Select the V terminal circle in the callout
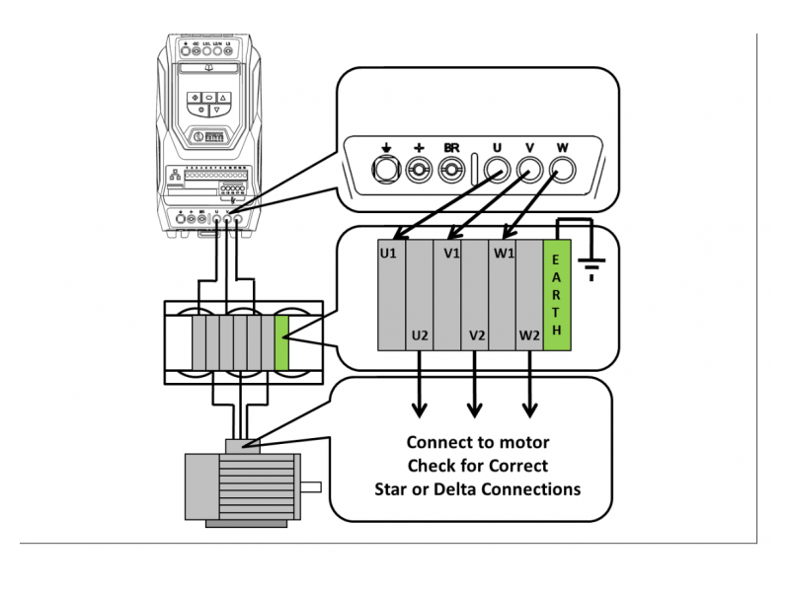pos(529,171)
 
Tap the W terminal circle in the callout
pos(563,171)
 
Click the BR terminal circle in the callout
pos(451,171)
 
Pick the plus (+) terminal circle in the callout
pos(418,171)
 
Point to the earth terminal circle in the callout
pos(384,171)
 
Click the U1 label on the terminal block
pos(389,253)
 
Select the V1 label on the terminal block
pos(452,253)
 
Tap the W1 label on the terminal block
pos(505,253)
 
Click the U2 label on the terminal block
pos(420,336)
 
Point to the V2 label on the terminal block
pos(477,336)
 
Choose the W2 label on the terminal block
pos(529,336)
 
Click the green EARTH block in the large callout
pos(558,294)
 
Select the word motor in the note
pos(523,442)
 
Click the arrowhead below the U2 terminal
pos(420,408)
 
